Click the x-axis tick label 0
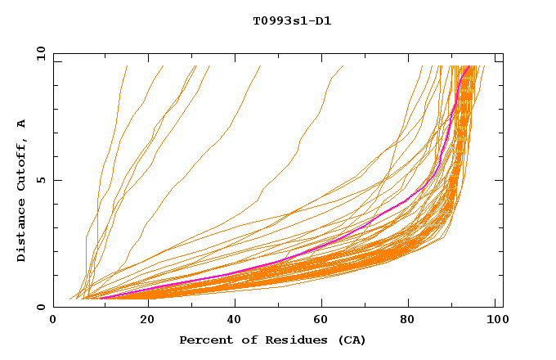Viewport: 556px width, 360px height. pos(53,322)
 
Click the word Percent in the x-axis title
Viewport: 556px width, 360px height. pos(203,340)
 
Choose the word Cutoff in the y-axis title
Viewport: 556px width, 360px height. pos(22,163)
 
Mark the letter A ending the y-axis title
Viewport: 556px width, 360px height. pos(22,123)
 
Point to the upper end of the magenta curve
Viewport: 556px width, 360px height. pos(470,66)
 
